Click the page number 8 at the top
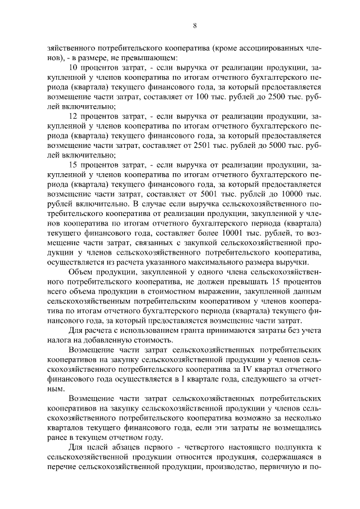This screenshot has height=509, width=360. (x=194, y=26)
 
